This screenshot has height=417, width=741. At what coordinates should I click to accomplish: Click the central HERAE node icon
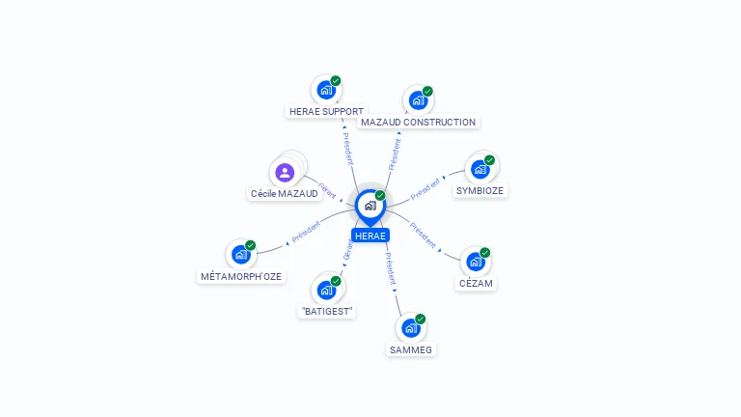[370, 206]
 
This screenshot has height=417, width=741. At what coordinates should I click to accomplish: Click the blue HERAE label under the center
[370, 236]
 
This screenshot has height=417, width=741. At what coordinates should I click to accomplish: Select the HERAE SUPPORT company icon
[326, 90]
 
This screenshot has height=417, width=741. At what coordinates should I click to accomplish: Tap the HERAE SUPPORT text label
[326, 111]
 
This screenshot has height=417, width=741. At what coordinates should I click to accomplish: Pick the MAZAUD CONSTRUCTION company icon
[418, 100]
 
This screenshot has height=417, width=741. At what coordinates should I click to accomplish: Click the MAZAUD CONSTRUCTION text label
[418, 123]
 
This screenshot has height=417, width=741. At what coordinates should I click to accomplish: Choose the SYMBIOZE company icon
[480, 169]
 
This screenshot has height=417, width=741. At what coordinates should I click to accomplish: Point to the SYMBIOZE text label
[480, 190]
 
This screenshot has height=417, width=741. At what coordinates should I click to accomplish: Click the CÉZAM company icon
[475, 262]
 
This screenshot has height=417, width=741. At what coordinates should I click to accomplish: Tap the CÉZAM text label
[476, 283]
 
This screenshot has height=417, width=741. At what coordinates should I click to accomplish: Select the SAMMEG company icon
[410, 328]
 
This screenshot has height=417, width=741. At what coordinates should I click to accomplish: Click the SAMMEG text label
[411, 349]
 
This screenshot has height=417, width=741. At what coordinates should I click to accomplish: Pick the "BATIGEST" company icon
[326, 290]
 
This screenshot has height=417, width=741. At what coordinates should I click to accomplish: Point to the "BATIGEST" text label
[327, 311]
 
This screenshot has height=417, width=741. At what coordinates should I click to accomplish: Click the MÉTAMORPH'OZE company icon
[240, 255]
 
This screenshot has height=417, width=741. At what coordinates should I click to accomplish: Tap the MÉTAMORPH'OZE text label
[241, 276]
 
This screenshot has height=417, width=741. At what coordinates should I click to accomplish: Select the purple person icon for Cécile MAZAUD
[284, 173]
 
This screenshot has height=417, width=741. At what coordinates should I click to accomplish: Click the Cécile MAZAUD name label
[284, 194]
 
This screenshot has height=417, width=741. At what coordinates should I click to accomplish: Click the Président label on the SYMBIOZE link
[425, 188]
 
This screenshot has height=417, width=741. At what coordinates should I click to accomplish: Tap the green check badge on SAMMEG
[420, 319]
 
